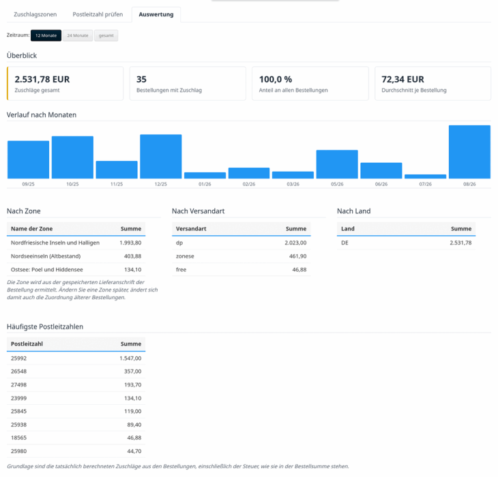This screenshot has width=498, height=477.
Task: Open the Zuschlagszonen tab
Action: [35, 14]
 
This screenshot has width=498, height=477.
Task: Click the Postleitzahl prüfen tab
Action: [98, 14]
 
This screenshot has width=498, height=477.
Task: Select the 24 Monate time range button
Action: [78, 35]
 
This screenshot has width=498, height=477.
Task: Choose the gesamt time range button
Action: [106, 35]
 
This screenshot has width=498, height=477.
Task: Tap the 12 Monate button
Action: [46, 35]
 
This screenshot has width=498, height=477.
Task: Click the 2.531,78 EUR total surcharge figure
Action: [42, 79]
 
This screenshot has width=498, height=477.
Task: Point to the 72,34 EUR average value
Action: [402, 79]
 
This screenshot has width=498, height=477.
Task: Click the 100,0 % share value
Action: [276, 79]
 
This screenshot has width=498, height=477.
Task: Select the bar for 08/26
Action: [469, 152]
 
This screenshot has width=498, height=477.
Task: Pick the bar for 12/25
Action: [161, 156]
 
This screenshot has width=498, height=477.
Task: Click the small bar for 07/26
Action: [425, 176]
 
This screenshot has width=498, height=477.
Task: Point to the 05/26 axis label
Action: [337, 184]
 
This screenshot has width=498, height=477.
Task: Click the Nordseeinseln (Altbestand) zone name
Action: [46, 256]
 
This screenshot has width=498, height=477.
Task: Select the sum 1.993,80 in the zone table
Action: [130, 243]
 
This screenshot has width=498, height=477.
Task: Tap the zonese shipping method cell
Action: [185, 256]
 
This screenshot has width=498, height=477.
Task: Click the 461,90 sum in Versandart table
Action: [298, 256]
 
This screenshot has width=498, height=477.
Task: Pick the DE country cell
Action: [345, 243]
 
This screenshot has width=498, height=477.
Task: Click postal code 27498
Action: [18, 385]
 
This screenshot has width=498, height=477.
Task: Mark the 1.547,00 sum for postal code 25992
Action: [130, 358]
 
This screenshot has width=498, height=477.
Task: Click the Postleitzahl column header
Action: [27, 344]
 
